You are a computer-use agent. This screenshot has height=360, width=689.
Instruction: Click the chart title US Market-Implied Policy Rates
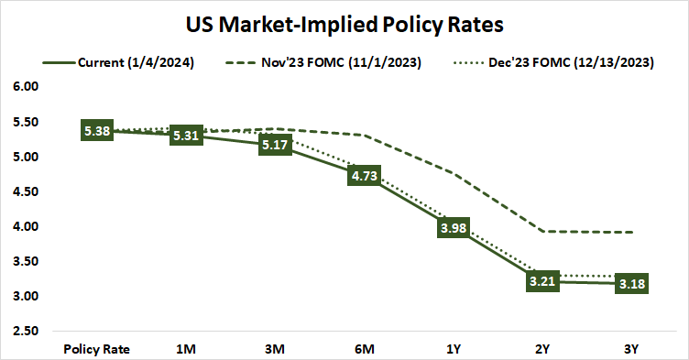click(x=344, y=23)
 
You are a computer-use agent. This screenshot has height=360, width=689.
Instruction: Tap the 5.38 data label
click(x=96, y=131)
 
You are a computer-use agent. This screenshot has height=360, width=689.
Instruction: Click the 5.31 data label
click(x=185, y=136)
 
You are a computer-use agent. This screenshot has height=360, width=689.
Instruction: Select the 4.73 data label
click(x=363, y=176)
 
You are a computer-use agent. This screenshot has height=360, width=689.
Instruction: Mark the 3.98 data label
click(x=452, y=228)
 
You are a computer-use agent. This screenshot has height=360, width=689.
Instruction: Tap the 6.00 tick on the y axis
click(x=26, y=87)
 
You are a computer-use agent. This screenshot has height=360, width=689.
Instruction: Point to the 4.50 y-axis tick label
click(x=26, y=191)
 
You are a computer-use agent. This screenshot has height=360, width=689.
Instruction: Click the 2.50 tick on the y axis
click(x=26, y=331)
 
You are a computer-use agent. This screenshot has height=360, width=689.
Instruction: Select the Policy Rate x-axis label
click(x=96, y=348)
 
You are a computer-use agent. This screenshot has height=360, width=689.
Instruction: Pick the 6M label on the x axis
click(x=363, y=348)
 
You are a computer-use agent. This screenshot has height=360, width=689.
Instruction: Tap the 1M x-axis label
click(x=185, y=348)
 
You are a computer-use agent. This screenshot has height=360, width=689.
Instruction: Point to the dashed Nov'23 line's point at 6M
click(x=363, y=136)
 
